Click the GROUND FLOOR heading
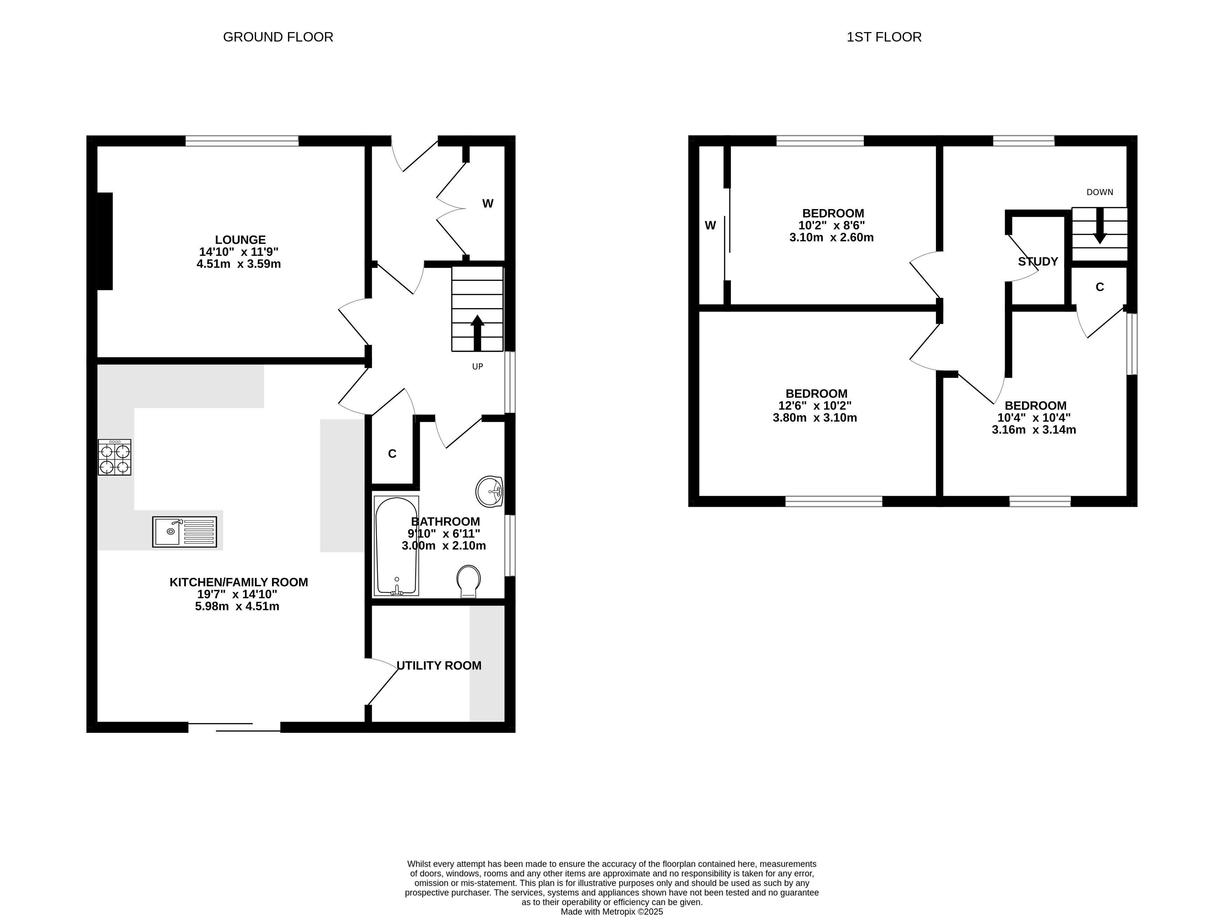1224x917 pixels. pyautogui.click(x=278, y=37)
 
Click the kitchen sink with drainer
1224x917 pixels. pyautogui.click(x=184, y=532)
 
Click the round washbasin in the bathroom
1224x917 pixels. pyautogui.click(x=489, y=492)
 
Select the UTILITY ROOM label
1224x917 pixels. pyautogui.click(x=439, y=666)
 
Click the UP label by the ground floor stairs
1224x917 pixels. pyautogui.click(x=477, y=367)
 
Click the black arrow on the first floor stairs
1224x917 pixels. pyautogui.click(x=1099, y=226)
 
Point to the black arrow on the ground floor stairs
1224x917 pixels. pyautogui.click(x=477, y=333)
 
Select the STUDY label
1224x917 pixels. pyautogui.click(x=1038, y=262)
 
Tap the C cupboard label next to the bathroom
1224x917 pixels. pyautogui.click(x=392, y=454)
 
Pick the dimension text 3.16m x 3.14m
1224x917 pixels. pyautogui.click(x=1034, y=430)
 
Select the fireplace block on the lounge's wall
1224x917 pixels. pyautogui.click(x=105, y=241)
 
